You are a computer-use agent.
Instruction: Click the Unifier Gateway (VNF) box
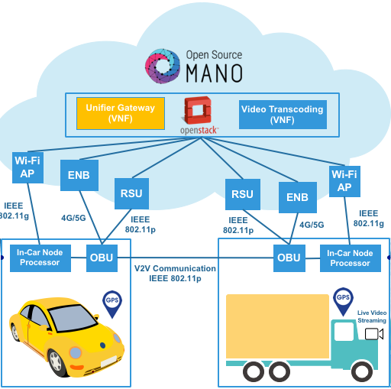[x=121, y=113]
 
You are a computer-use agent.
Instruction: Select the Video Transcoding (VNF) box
[x=283, y=115]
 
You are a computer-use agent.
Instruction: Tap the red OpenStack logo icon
[x=198, y=110]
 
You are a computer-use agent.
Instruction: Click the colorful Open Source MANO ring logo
[x=163, y=66]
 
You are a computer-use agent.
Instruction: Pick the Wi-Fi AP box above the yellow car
[x=27, y=167]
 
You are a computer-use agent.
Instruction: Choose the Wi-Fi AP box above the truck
[x=344, y=181]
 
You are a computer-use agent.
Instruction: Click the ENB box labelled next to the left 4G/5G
[x=79, y=175]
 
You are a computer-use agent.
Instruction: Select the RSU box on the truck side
[x=243, y=194]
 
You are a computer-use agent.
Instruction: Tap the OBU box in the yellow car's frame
[x=102, y=258]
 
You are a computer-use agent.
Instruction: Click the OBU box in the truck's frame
[x=289, y=258]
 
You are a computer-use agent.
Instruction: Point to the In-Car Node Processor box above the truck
[x=351, y=258]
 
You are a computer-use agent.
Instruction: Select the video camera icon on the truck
[x=374, y=334]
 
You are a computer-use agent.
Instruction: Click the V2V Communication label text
[x=175, y=268]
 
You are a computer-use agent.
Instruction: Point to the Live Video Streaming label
[x=372, y=316]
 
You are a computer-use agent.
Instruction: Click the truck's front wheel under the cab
[x=362, y=371]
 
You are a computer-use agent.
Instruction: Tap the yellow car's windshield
[x=73, y=318]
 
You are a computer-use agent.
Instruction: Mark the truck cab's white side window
[x=344, y=332]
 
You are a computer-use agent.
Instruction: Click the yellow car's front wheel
[x=57, y=362]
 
